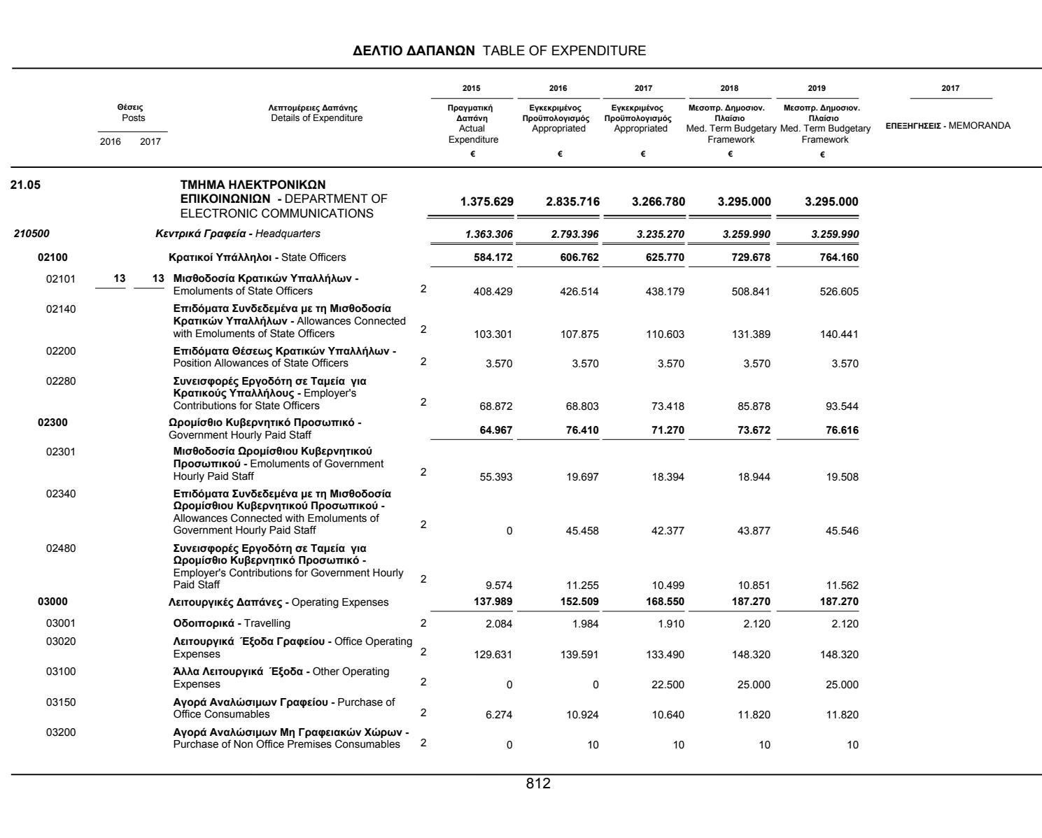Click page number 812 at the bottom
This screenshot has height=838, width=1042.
pyautogui.click(x=538, y=784)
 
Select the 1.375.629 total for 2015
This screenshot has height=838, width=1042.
pyautogui.click(x=486, y=202)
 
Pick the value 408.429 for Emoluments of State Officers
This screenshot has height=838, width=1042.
pyautogui.click(x=493, y=292)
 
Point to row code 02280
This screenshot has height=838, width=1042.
pyautogui.click(x=61, y=381)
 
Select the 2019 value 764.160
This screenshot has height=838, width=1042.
pyautogui.click(x=838, y=257)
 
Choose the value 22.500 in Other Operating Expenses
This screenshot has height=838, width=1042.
pyautogui.click(x=668, y=685)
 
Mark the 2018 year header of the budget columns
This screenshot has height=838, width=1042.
pyautogui.click(x=729, y=88)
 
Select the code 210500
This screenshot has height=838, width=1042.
pyautogui.click(x=31, y=234)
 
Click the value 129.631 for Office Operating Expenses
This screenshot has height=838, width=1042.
pyautogui.click(x=493, y=655)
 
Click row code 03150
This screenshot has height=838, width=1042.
pyautogui.click(x=61, y=702)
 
